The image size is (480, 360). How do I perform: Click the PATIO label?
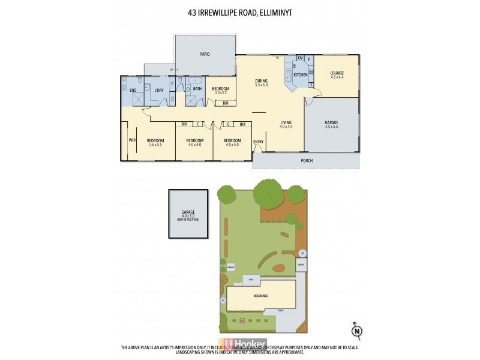coord(205,54)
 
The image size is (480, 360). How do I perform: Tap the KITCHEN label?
coord(301,75)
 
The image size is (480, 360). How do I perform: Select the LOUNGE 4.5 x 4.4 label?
coord(337,75)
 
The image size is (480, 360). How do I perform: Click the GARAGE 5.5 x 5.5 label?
coord(331,124)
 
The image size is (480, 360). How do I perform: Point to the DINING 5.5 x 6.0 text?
coord(261,83)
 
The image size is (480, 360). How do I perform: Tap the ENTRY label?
coord(258,142)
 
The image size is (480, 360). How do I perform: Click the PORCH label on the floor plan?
coord(307,160)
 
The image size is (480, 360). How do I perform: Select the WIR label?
coord(131,141)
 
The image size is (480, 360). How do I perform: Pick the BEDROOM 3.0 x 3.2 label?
coord(220,91)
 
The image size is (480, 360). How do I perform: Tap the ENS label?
coord(133,90)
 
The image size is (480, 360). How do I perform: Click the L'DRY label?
coord(159,90)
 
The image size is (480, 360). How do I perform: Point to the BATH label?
coord(197,89)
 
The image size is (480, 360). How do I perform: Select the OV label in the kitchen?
coord(300,58)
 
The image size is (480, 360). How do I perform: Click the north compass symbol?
coord(356,329)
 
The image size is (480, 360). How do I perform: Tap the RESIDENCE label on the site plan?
coord(260,296)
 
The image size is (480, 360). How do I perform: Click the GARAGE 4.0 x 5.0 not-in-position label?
coord(188,214)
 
